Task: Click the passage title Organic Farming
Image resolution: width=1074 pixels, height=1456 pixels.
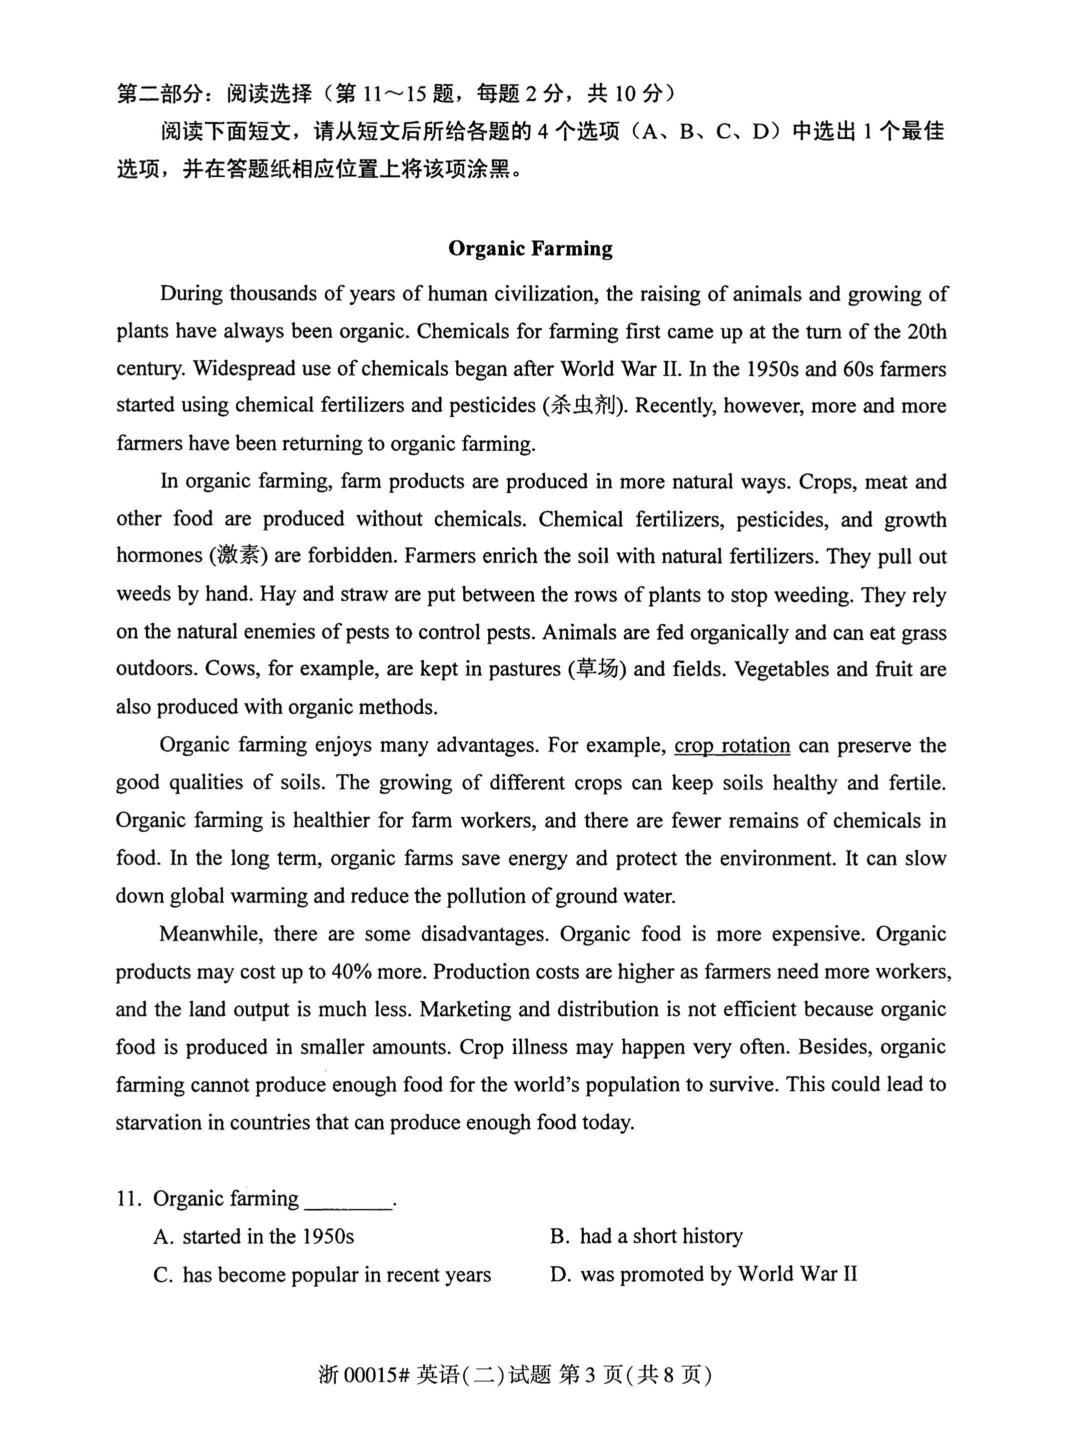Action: pos(530,248)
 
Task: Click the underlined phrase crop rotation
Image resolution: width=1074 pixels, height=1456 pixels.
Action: pos(732,745)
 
